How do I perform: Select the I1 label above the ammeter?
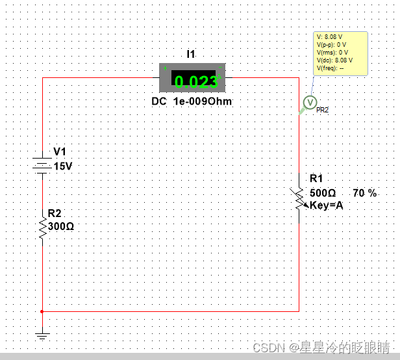(x=191, y=55)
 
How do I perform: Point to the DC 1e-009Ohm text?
(x=192, y=102)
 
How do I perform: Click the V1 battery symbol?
(x=43, y=165)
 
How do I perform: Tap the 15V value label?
(x=63, y=166)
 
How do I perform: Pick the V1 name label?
(x=60, y=152)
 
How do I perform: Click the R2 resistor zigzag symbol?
(x=43, y=227)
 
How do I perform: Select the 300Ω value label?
(x=61, y=227)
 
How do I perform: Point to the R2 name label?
(x=55, y=213)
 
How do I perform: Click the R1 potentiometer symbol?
(x=299, y=198)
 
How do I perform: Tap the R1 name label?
(x=316, y=179)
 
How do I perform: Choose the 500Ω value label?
(x=323, y=193)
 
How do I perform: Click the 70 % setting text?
(x=364, y=193)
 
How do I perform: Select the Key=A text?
(x=326, y=205)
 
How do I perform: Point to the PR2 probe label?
(x=322, y=110)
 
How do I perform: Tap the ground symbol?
(x=43, y=335)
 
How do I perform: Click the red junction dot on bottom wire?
(x=42, y=311)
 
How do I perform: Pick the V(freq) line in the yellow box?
(x=331, y=68)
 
